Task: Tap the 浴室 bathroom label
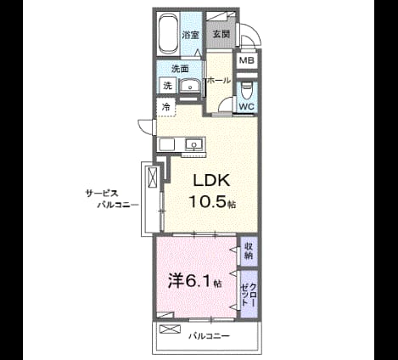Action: [190, 35]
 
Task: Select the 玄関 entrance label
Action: [221, 34]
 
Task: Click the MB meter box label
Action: [247, 60]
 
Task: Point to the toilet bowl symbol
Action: [246, 91]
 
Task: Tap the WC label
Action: [247, 107]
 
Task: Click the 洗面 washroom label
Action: [180, 69]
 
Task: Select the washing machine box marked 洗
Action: [168, 85]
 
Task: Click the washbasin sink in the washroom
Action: [190, 86]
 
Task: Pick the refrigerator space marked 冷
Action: [166, 107]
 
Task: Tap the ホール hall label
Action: [219, 81]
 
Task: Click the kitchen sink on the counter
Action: [194, 145]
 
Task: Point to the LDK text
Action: [211, 180]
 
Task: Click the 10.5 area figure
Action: [208, 202]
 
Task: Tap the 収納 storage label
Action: [249, 250]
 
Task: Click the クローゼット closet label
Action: [248, 295]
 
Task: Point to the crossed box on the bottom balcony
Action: [170, 329]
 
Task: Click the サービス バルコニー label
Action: [112, 200]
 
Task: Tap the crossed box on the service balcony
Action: [152, 177]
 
